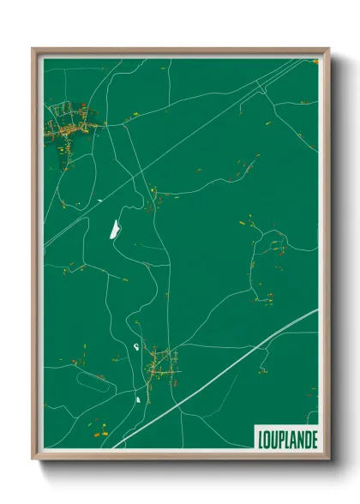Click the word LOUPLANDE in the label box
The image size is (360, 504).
coord(286,438)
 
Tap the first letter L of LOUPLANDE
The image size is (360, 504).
coord(259,438)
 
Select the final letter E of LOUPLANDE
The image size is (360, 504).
coord(314,438)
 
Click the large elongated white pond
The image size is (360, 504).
coord(113,229)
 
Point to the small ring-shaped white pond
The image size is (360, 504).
coord(137,345)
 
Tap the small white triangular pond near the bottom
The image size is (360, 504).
coord(136,398)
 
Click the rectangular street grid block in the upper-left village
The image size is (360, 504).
coord(61,110)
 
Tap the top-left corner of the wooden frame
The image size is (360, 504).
coord(33,49)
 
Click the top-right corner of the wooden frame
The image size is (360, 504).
coord(327,49)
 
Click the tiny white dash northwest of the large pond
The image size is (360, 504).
coord(100,201)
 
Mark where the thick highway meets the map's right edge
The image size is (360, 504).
coord(316,310)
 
